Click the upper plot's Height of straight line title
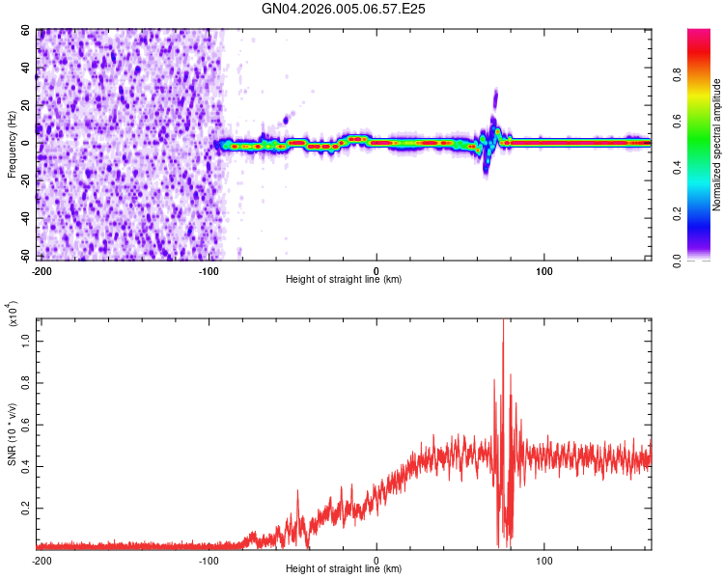click(x=344, y=280)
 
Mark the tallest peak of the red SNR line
click(x=503, y=323)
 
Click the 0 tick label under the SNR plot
click(x=376, y=560)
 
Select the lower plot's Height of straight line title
click(x=344, y=569)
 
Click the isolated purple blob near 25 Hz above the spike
click(x=495, y=96)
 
